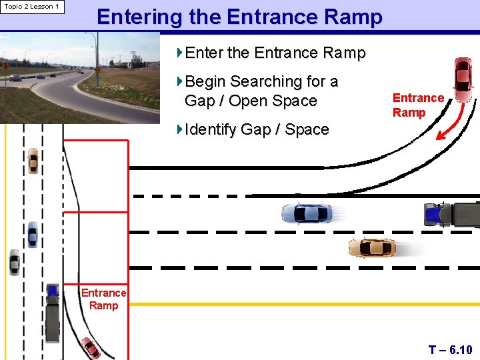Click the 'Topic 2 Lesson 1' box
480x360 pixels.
(32, 7)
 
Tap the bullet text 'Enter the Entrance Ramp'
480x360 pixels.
(275, 53)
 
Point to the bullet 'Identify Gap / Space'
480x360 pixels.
(257, 129)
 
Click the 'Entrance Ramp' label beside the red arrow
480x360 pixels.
(418, 105)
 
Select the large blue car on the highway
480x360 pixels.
(307, 213)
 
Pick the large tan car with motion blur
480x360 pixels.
(372, 248)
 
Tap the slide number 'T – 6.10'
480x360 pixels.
(450, 349)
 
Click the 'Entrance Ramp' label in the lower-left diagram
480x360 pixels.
(103, 299)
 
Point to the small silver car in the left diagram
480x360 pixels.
(14, 262)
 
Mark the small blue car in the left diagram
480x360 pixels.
(32, 234)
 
